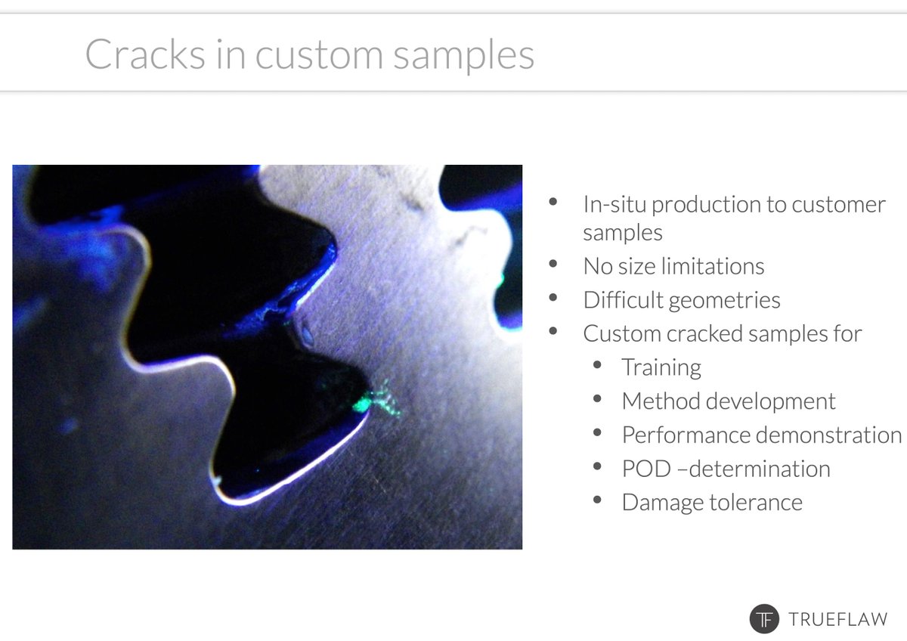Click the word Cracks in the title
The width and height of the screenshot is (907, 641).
pyautogui.click(x=144, y=54)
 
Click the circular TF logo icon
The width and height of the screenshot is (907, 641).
pyautogui.click(x=764, y=618)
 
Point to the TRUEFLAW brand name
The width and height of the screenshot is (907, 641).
pyautogui.click(x=838, y=619)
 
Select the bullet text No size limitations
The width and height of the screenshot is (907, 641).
pyautogui.click(x=673, y=266)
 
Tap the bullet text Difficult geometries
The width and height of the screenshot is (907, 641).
pyautogui.click(x=682, y=300)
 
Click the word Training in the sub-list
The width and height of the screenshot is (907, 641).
pyautogui.click(x=661, y=367)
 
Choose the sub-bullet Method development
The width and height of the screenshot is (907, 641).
pyautogui.click(x=729, y=401)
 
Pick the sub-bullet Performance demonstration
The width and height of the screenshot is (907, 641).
pyautogui.click(x=762, y=435)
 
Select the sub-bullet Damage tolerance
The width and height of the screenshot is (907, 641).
pyautogui.click(x=712, y=503)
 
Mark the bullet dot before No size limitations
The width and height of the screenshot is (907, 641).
pyautogui.click(x=553, y=265)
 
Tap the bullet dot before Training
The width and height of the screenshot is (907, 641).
pyautogui.click(x=598, y=366)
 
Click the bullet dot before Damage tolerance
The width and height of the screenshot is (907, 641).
pyautogui.click(x=598, y=501)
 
